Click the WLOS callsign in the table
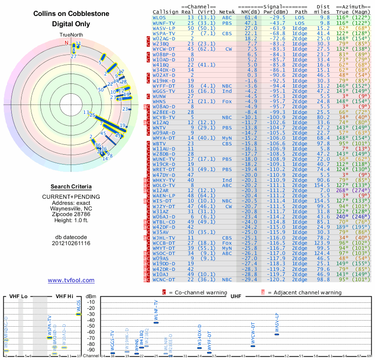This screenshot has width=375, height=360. pyautogui.click(x=159, y=17)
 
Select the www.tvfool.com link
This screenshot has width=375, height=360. pyautogui.click(x=71, y=280)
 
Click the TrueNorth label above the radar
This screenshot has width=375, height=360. pyautogui.click(x=71, y=35)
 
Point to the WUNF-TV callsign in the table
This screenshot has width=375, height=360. pyautogui.click(x=164, y=22)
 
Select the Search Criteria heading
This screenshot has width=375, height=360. pyautogui.click(x=71, y=187)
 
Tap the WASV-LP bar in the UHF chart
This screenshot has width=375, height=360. pyautogui.click(x=277, y=334)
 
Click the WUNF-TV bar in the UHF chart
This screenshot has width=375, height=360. pyautogui.click(x=156, y=322)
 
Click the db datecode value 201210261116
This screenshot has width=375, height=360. pyautogui.click(x=71, y=243)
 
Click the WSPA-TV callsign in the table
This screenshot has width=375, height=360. pyautogui.click(x=164, y=33)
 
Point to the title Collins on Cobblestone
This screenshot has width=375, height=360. pyautogui.click(x=71, y=14)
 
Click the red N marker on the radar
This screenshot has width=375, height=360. pyautogui.click(x=67, y=43)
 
